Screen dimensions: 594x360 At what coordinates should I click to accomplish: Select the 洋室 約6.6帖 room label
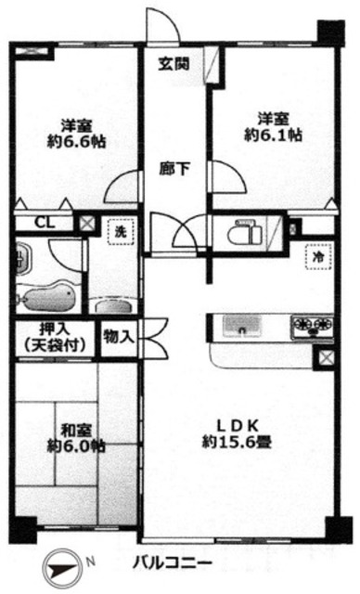[78, 134]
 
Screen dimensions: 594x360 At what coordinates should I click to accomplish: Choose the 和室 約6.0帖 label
[76, 437]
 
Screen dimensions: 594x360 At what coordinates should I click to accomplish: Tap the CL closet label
[44, 223]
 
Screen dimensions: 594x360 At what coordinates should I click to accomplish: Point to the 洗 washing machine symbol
[121, 233]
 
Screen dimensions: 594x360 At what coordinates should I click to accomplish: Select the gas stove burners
[312, 325]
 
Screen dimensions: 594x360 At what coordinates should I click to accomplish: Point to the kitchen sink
[244, 326]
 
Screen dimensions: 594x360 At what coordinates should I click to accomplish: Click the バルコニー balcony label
[165, 563]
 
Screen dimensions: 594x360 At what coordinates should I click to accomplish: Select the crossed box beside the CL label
[85, 223]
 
